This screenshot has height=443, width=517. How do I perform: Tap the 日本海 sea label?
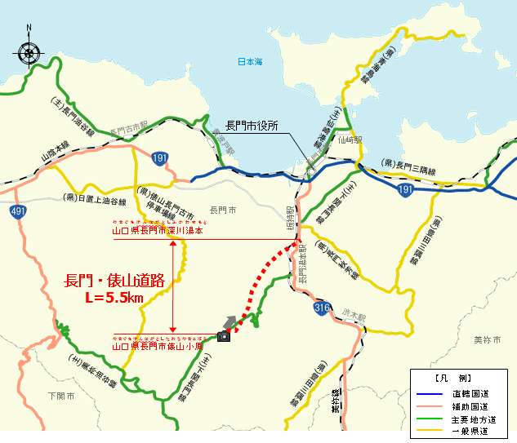click(x=250, y=62)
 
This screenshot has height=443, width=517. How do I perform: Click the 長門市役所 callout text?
click(x=252, y=126)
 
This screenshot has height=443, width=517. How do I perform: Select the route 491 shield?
click(x=18, y=211)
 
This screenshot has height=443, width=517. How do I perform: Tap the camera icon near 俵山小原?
click(x=223, y=336)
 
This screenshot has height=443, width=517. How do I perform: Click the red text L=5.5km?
click(x=114, y=298)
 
